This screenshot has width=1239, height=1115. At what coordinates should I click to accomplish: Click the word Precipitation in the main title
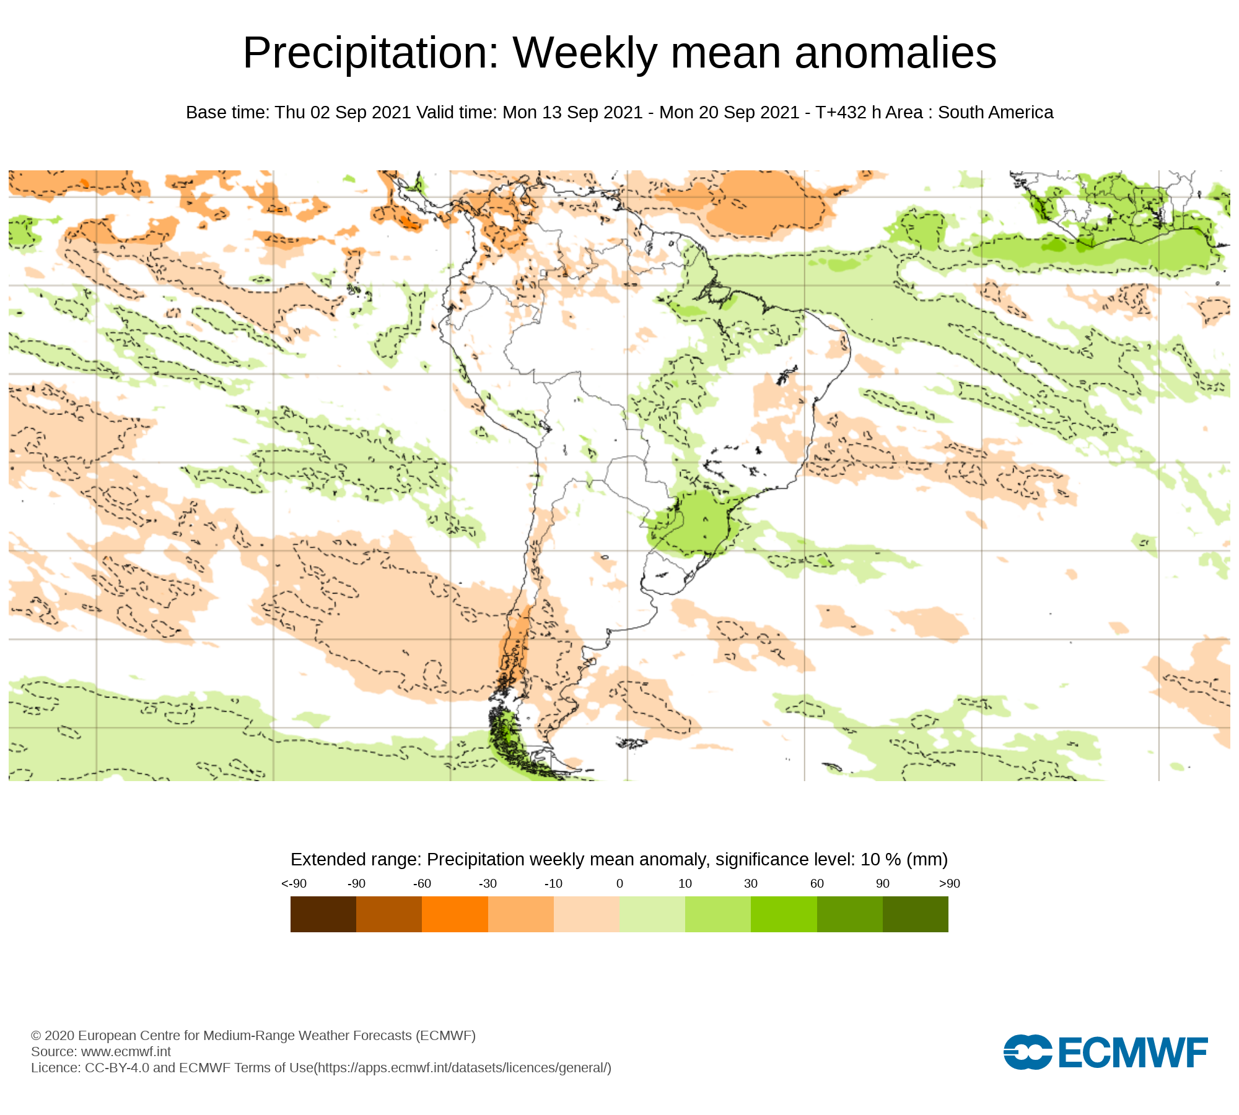click(x=370, y=53)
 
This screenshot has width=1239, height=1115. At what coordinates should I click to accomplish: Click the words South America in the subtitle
click(x=995, y=113)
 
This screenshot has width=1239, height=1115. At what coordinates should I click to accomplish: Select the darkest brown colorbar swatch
click(x=323, y=914)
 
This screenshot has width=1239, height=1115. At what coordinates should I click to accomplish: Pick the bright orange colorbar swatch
click(x=455, y=914)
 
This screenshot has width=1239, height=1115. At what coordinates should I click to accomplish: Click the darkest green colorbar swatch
click(x=915, y=914)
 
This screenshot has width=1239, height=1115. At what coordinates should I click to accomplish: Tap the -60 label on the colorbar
click(x=422, y=883)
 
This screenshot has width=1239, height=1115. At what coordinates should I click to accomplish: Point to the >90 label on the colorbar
click(x=949, y=883)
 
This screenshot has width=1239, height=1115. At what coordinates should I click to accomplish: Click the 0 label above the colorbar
click(x=619, y=883)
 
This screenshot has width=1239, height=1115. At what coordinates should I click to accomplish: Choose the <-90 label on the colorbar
click(x=294, y=883)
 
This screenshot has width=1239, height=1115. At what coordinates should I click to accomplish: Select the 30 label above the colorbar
click(x=751, y=883)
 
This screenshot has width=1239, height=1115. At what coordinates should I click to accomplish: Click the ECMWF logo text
click(x=1133, y=1052)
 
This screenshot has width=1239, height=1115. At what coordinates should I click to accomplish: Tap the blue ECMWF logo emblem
click(x=1027, y=1052)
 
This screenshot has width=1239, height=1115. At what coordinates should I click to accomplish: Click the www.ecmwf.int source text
click(x=126, y=1051)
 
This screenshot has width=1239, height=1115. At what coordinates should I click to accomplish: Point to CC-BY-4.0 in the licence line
click(x=117, y=1068)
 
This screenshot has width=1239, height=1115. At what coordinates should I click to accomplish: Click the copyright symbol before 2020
click(x=36, y=1036)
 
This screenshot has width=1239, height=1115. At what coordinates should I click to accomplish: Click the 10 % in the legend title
click(x=880, y=860)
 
